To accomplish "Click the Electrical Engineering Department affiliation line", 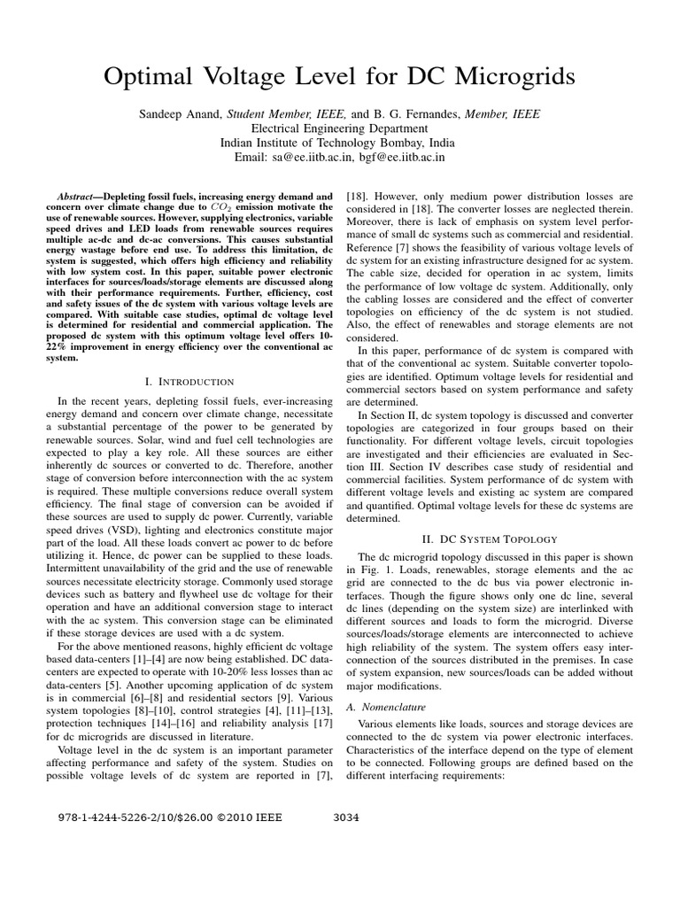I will [339, 128].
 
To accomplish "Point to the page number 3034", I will [344, 818].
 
